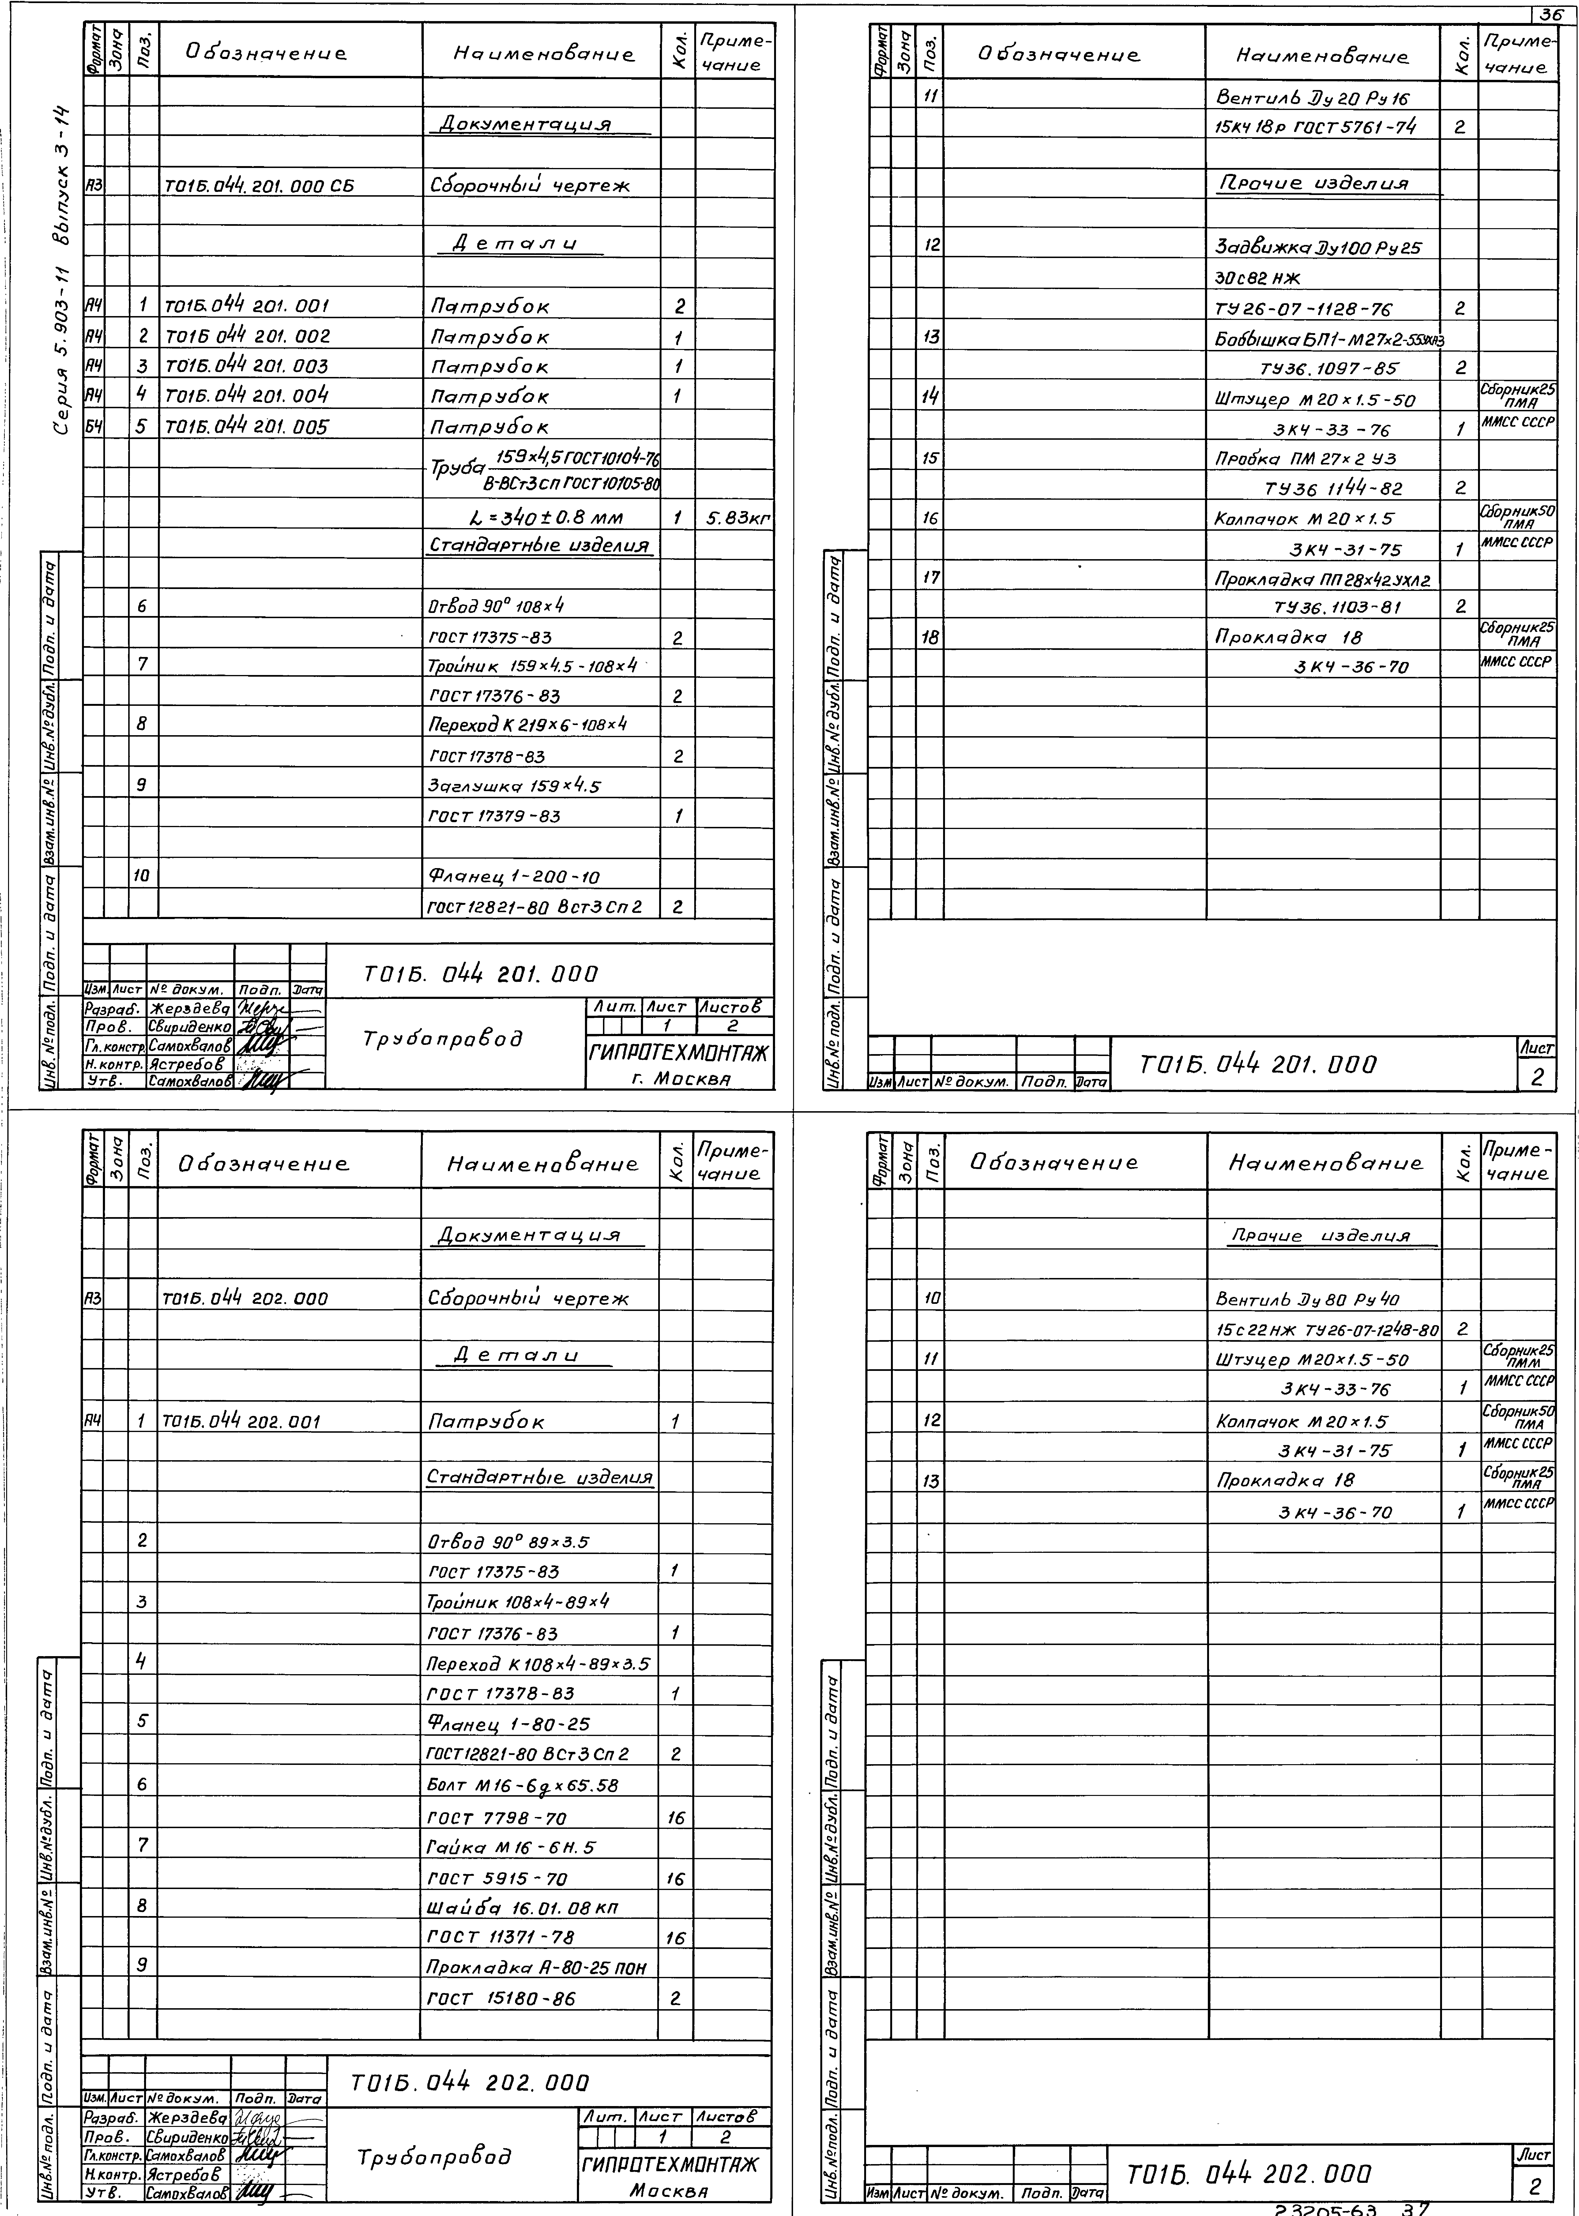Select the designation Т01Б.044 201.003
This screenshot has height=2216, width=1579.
[247, 367]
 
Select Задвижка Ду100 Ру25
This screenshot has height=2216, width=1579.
[1318, 247]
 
